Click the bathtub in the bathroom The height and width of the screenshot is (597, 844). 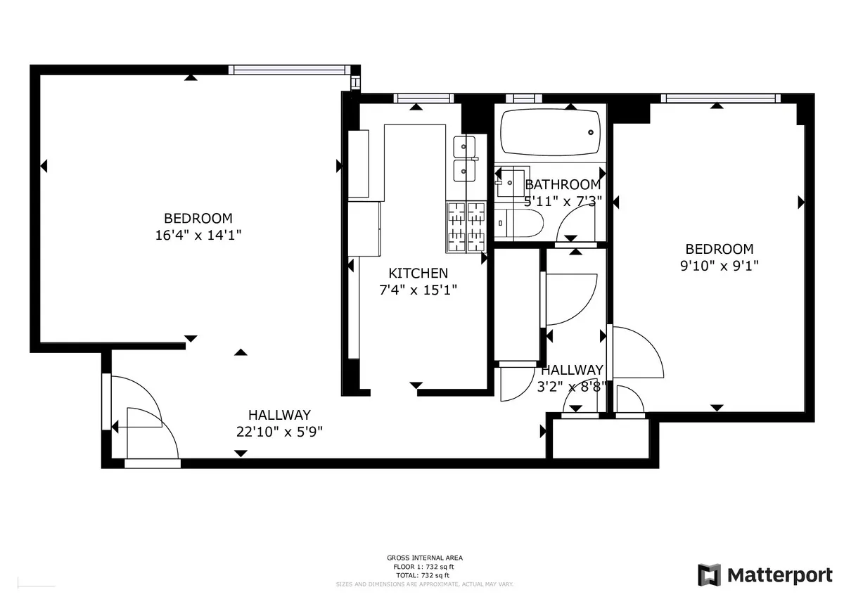pos(550,132)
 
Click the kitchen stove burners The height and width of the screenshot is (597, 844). pos(466,226)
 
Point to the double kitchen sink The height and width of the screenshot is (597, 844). pos(465,158)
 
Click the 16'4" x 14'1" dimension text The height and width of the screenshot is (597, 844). pos(198,236)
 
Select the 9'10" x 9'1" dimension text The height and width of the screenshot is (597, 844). pos(719,266)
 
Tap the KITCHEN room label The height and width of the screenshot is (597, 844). pos(418,273)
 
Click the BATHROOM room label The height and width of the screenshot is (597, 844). pos(563,185)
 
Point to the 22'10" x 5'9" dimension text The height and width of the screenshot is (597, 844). pos(279,432)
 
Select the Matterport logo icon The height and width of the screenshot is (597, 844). pos(710,574)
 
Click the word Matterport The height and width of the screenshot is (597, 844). pos(779,574)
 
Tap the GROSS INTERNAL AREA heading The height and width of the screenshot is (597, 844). pos(424,558)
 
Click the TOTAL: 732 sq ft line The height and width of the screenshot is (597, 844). pos(424,574)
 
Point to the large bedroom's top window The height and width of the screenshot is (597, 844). pos(288,70)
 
